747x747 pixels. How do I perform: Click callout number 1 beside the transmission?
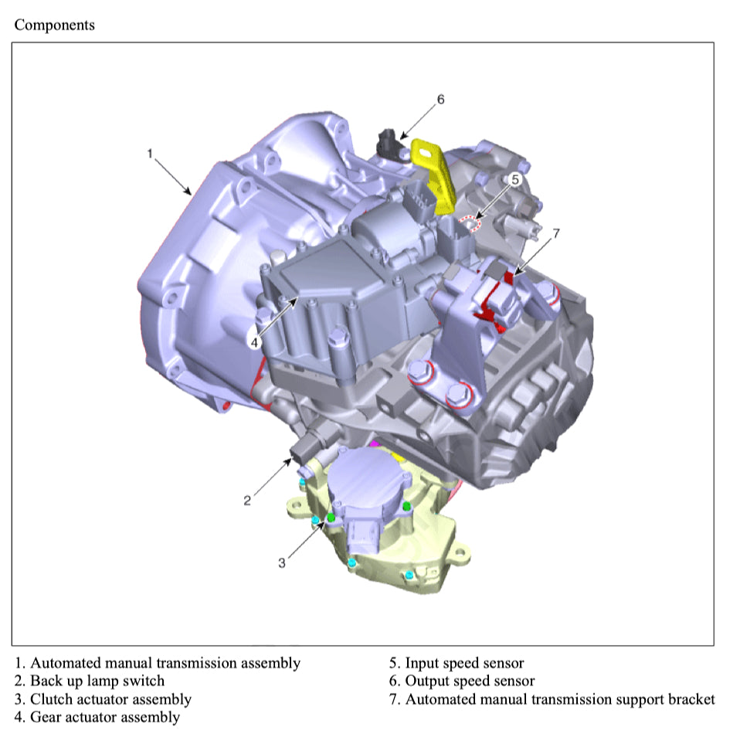150,154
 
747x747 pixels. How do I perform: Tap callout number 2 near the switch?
246,501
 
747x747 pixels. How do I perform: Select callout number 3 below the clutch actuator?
281,563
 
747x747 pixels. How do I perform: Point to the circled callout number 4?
254,342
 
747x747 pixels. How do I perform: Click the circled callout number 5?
514,180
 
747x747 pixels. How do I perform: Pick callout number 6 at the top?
440,99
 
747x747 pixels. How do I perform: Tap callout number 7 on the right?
556,233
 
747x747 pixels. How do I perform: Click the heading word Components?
54,25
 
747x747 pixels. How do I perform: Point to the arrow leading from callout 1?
173,177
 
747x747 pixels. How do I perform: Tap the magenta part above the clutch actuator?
375,444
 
